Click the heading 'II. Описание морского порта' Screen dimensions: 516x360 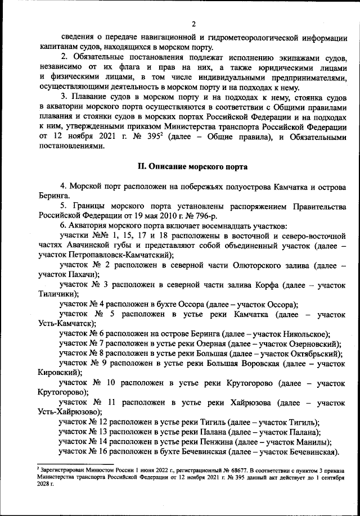pyautogui.click(x=192, y=167)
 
